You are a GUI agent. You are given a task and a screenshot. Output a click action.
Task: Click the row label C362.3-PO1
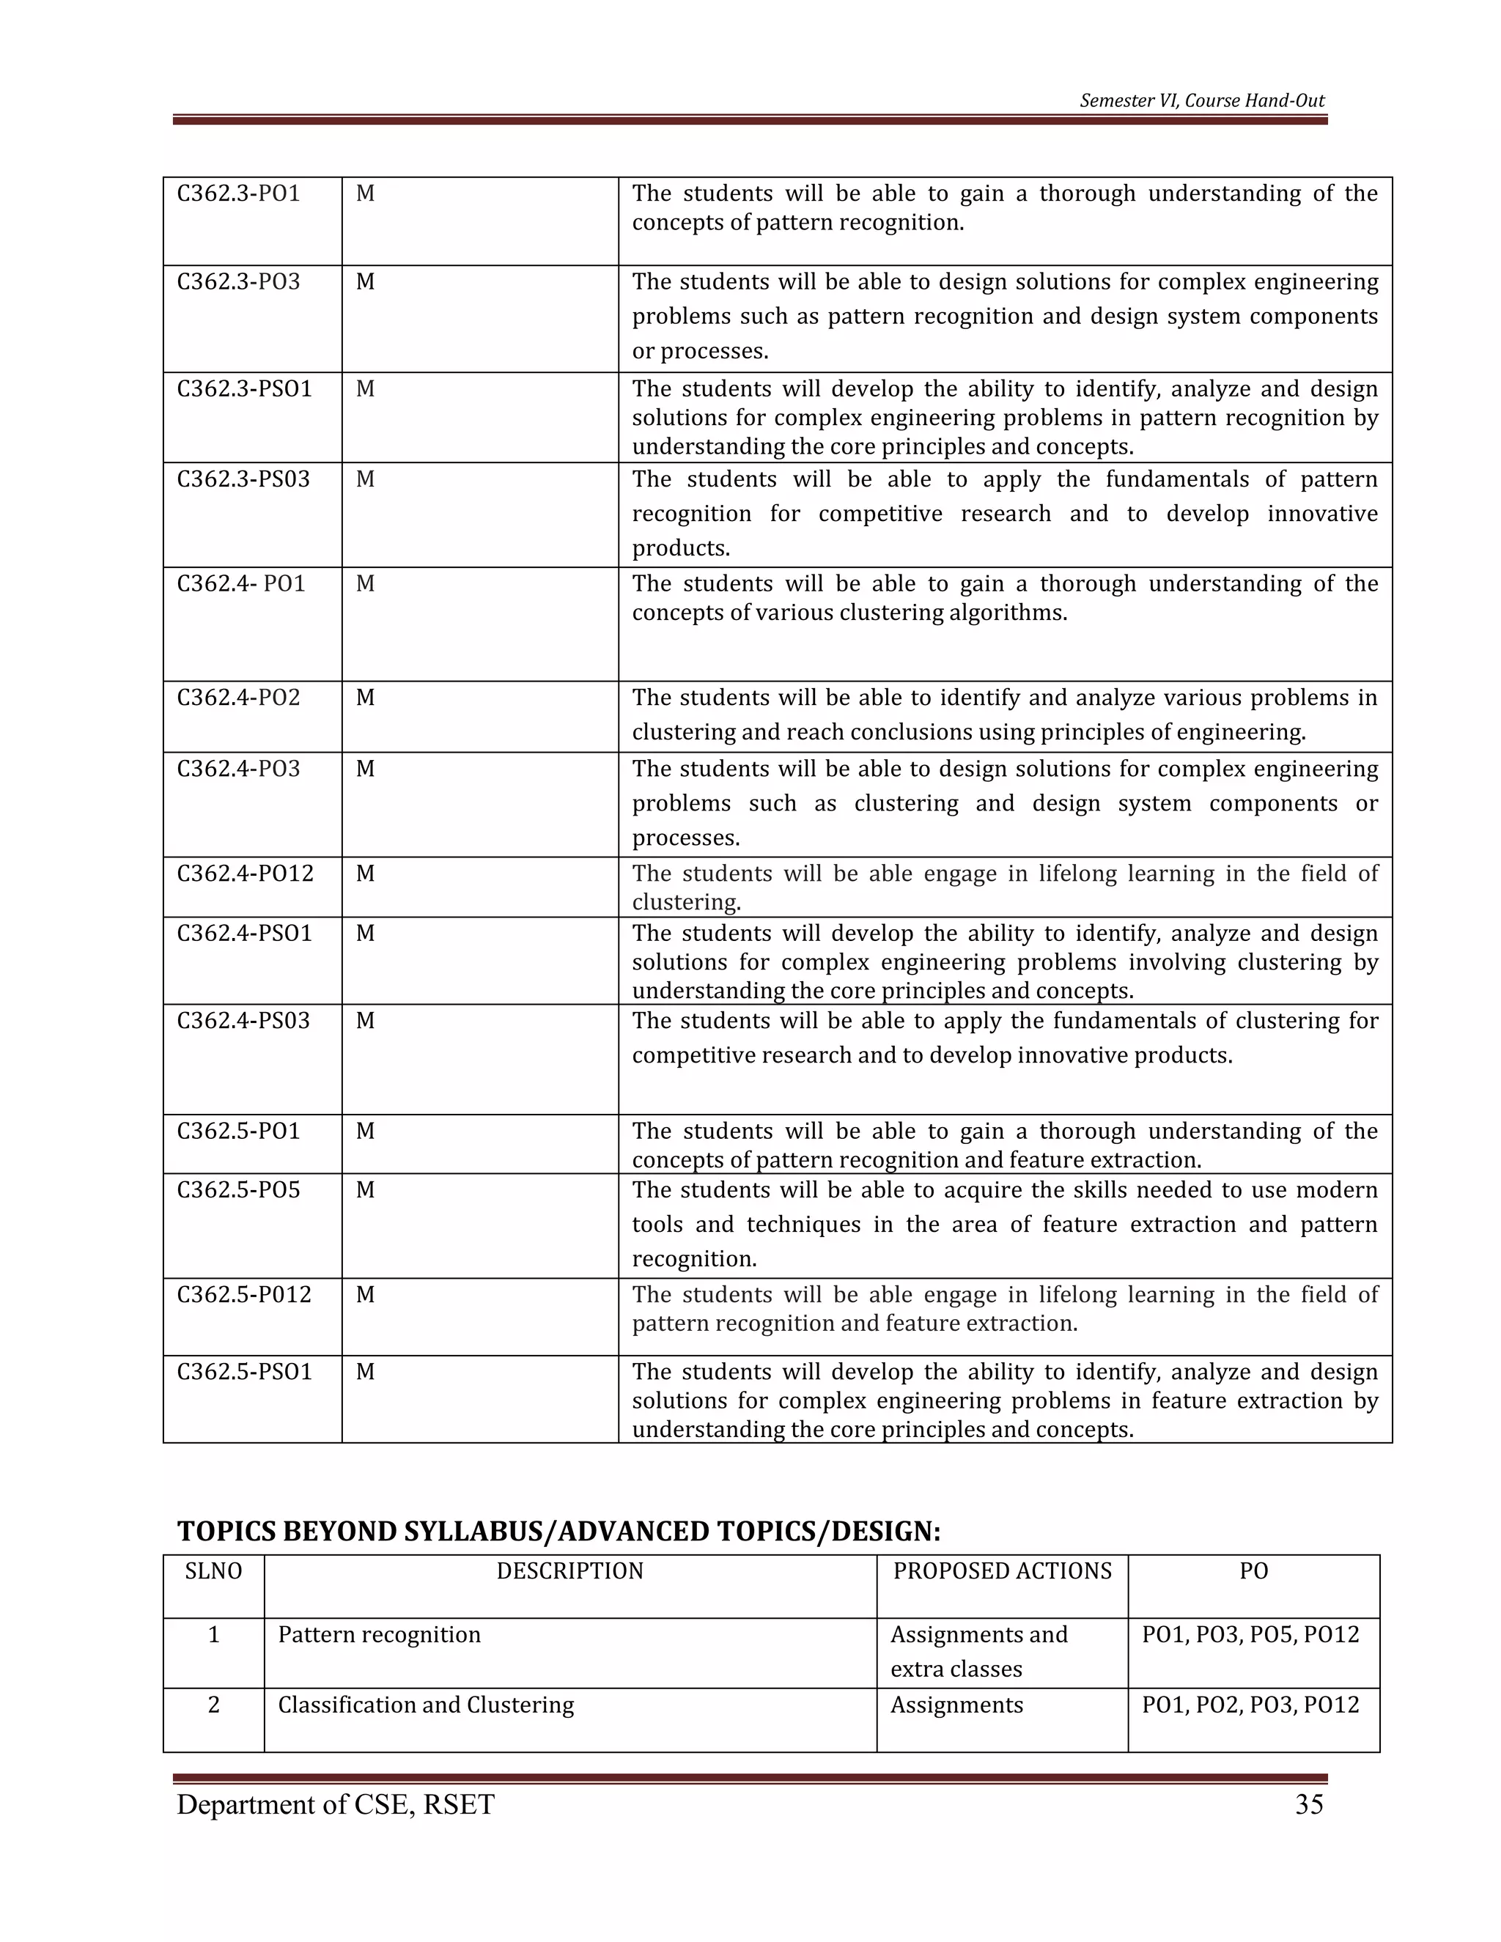tap(238, 194)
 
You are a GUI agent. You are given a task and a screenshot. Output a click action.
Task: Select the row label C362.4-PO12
tap(246, 874)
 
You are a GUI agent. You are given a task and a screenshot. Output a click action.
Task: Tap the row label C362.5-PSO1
tap(245, 1371)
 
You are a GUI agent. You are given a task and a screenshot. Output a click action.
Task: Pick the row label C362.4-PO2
tap(238, 698)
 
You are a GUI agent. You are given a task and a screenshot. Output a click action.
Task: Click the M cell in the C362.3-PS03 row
tap(364, 479)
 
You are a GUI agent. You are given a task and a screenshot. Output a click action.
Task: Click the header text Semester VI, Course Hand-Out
tap(1201, 100)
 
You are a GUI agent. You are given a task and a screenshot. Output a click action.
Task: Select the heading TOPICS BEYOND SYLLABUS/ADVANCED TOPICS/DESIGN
tap(558, 1531)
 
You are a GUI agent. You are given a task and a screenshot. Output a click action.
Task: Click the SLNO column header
tap(213, 1571)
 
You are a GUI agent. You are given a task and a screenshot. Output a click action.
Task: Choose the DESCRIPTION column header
tap(569, 1571)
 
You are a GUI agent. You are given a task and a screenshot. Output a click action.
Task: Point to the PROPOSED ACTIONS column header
tap(1002, 1571)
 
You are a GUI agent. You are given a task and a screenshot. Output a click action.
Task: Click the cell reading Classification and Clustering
tap(426, 1705)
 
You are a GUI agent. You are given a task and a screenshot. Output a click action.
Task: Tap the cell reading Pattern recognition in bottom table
tap(379, 1634)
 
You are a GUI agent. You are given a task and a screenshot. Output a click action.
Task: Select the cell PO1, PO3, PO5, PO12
tap(1250, 1634)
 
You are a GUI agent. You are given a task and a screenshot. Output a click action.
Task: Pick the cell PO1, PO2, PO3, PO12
tap(1250, 1705)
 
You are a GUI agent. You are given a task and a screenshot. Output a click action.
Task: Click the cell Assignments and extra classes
tap(978, 1651)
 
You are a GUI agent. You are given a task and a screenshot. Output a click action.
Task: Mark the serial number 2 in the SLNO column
tap(213, 1705)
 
